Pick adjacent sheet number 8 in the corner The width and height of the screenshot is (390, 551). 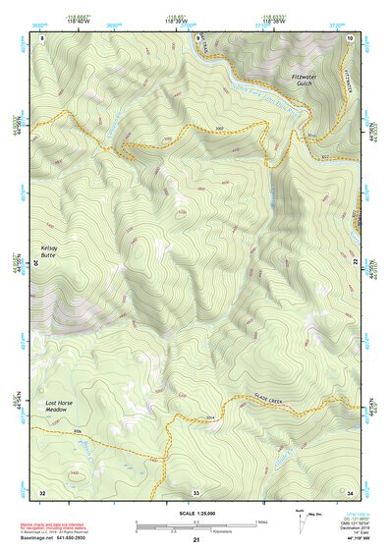[42, 37]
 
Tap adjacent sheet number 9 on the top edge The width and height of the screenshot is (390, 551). [196, 37]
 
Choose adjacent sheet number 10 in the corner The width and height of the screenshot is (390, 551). [351, 37]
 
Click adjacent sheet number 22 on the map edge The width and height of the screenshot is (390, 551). [354, 263]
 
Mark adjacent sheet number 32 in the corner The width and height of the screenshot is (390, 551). [42, 491]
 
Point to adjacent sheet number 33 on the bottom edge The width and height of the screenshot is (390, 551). [196, 491]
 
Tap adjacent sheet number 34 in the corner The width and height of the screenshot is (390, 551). [351, 491]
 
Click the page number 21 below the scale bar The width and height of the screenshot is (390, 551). [196, 540]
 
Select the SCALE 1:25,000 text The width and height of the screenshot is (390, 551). [195, 513]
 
